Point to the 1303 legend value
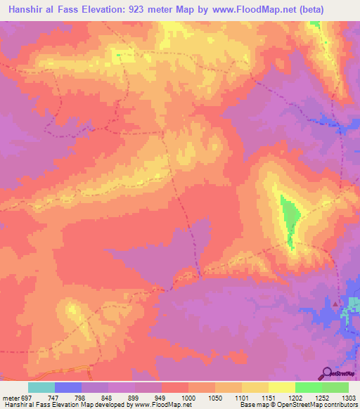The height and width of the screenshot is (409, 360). pos(348,397)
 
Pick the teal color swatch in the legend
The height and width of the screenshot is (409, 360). pos(41,387)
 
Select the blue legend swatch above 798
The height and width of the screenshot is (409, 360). pos(68,387)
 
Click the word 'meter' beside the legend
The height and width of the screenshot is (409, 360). pos(10,397)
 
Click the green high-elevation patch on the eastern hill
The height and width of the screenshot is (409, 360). pos(288,218)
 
